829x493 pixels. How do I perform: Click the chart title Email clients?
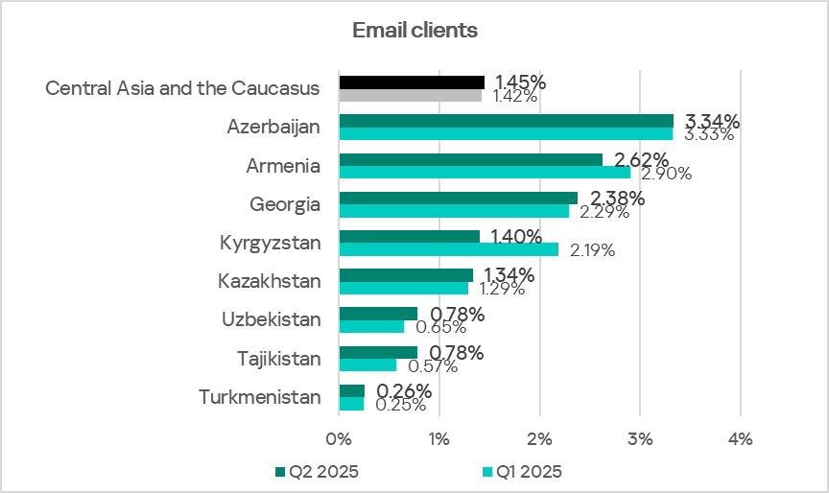click(414, 31)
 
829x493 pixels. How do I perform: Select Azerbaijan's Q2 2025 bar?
click(506, 121)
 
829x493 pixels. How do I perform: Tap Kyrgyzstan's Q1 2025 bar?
click(448, 249)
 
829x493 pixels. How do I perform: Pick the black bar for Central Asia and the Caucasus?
click(412, 82)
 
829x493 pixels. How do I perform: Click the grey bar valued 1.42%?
click(410, 95)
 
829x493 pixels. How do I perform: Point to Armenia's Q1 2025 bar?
click(485, 173)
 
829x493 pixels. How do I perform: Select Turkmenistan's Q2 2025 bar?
click(351, 390)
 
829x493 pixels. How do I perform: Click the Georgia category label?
click(284, 203)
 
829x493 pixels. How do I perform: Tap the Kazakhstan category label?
click(269, 281)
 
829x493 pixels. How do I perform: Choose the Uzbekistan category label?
click(271, 319)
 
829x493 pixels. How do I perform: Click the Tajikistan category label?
click(278, 359)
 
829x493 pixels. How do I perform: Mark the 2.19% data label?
click(592, 250)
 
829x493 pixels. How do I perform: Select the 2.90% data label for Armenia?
click(667, 174)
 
